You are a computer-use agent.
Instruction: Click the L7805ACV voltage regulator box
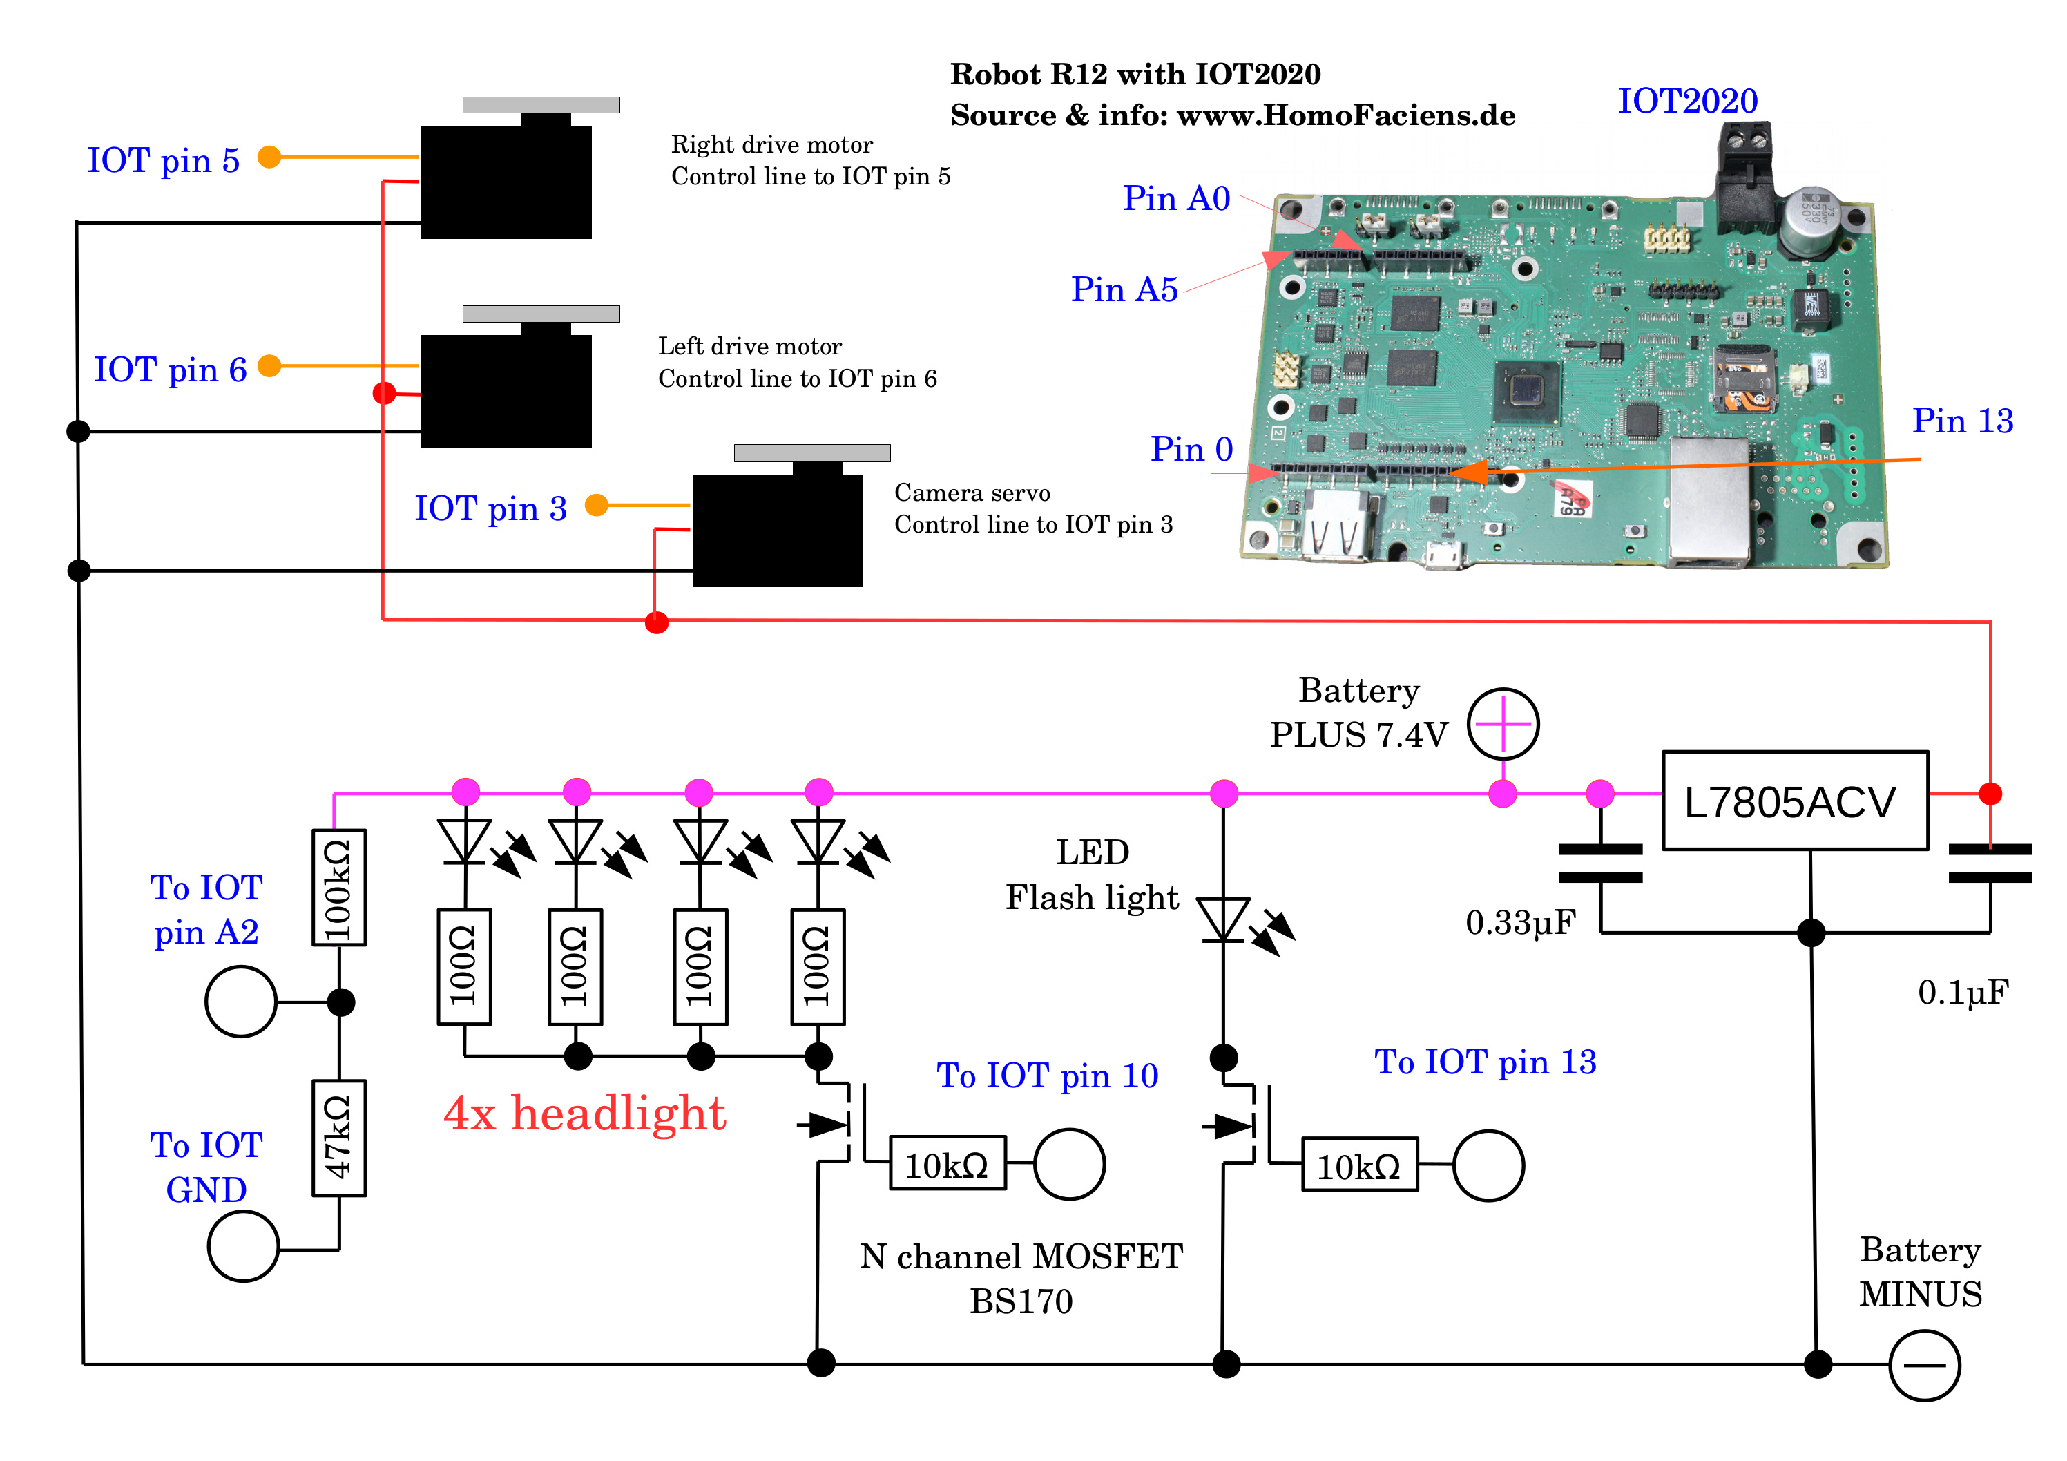point(1794,801)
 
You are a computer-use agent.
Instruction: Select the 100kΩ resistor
point(338,887)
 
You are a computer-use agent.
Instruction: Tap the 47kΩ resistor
point(338,1138)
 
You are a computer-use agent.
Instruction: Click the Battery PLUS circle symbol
point(1503,723)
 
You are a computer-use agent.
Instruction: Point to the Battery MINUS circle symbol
point(1924,1366)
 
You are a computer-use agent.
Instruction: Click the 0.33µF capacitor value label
point(1521,922)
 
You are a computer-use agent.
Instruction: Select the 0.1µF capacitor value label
point(1963,993)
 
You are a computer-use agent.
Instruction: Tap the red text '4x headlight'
point(584,1114)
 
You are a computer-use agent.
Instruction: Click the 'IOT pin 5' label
point(163,160)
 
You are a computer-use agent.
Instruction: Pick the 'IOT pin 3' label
point(490,509)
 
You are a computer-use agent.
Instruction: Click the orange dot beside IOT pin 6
point(269,365)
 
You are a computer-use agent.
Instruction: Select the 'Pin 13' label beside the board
point(1963,421)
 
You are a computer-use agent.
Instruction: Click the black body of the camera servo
point(777,531)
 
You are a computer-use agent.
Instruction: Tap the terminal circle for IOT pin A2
point(240,1002)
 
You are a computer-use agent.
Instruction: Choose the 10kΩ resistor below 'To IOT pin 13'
point(1359,1165)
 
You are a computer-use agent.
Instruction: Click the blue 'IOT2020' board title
point(1687,101)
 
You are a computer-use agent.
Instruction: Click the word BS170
point(1021,1301)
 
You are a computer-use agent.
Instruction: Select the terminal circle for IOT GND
point(243,1247)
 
